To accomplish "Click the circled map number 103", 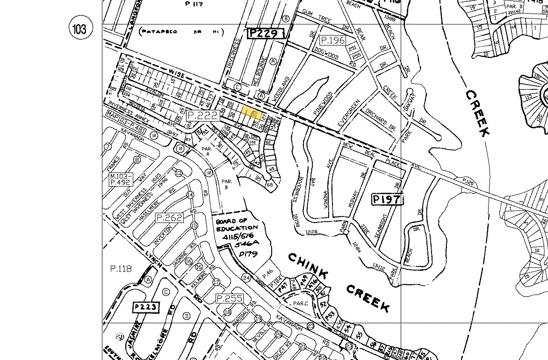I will click(x=79, y=29).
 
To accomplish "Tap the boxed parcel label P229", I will click(x=266, y=33).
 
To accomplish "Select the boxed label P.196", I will click(x=333, y=40).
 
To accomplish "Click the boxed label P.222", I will click(x=202, y=115).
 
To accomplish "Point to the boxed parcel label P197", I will click(x=387, y=200).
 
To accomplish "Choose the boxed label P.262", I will click(x=169, y=217).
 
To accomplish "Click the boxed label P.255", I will click(x=229, y=298).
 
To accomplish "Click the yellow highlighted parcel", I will click(x=251, y=113).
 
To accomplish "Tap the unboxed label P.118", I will click(x=121, y=269).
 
